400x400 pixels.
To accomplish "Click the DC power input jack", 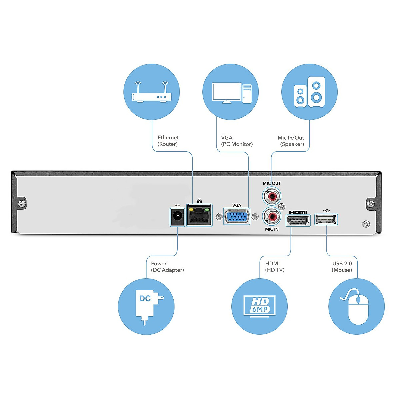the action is tap(177, 217).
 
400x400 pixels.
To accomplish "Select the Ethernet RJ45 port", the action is tap(199, 215).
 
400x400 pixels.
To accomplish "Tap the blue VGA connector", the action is tap(236, 217).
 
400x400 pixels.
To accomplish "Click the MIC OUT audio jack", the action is tap(272, 196).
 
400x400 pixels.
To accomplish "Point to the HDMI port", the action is tap(298, 220).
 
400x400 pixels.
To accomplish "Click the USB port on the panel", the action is tap(326, 219).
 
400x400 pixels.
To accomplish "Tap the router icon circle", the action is tap(152, 92).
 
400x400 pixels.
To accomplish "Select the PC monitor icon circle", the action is tap(230, 92).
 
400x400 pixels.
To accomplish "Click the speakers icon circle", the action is tap(309, 92).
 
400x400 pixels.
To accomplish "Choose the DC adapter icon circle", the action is tap(146, 306).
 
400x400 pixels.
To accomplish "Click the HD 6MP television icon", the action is tap(259, 306).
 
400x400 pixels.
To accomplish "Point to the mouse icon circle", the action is tap(356, 306).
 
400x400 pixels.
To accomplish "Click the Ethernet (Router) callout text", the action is tap(168, 141).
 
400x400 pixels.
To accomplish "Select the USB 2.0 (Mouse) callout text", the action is tap(342, 267).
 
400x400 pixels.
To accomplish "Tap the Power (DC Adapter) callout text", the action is tap(167, 267).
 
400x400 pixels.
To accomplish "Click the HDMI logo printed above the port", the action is tap(298, 212).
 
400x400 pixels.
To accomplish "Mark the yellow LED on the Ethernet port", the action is tap(191, 210).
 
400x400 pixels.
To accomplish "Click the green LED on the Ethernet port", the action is tap(207, 210).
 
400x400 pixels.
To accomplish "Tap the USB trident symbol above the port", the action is tap(326, 211).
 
